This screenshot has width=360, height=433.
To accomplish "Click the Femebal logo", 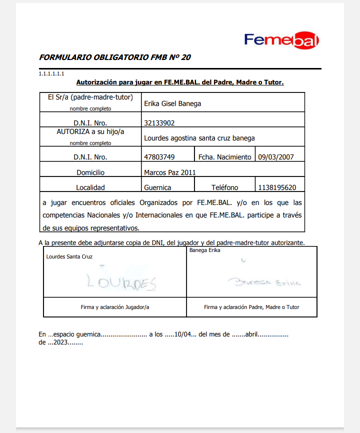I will [281, 40].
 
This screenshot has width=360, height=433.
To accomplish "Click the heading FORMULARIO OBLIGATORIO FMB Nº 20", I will [114, 57].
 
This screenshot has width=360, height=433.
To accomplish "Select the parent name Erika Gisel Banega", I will [172, 104].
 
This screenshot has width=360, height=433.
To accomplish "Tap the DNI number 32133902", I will [159, 122].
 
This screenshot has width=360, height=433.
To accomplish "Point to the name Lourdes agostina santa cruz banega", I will [199, 138].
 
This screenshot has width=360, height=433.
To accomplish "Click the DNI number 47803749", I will [159, 157].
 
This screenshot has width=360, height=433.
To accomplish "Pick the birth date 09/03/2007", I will [275, 157].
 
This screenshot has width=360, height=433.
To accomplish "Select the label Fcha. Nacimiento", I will [224, 157].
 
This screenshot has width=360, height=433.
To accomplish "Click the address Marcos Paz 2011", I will [169, 172].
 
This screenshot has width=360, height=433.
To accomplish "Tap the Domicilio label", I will [90, 172].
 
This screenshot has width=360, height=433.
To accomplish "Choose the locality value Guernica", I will [157, 187].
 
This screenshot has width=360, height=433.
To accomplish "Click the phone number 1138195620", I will [277, 187].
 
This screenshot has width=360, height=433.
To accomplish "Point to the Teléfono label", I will [224, 187].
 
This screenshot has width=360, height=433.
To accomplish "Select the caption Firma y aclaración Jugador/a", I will [115, 307].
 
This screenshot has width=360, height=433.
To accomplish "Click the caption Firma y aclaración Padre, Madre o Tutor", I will [251, 307].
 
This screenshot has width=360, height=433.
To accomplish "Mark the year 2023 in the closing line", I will [58, 342].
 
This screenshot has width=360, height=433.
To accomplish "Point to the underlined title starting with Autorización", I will [179, 82].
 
